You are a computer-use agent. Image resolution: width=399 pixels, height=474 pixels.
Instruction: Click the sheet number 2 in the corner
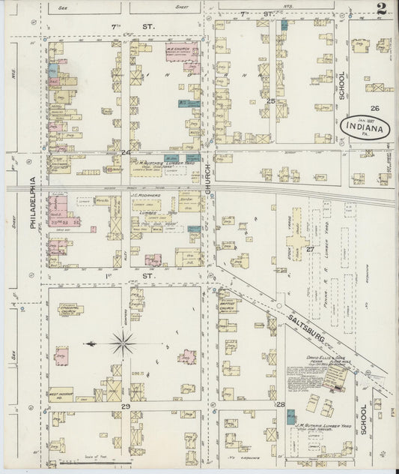[382, 10]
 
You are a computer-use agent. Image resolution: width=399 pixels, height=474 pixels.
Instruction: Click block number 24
[124, 154]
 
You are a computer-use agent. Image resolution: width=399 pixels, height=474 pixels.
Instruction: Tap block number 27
[308, 248]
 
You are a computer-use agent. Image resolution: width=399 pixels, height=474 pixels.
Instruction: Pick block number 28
[281, 406]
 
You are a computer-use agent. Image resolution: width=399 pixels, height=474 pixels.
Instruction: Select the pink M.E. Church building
[180, 55]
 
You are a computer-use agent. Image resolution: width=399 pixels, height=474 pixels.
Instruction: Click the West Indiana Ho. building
[61, 393]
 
